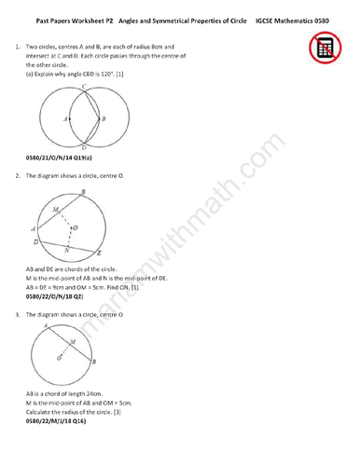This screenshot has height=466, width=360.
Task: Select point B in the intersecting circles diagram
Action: tap(103, 119)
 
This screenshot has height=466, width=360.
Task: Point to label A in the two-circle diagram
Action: tap(64, 119)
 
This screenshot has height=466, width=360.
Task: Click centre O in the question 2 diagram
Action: tap(76, 226)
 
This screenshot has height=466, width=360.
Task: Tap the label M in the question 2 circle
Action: tap(55, 210)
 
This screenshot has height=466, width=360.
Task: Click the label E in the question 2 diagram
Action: tap(100, 253)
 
